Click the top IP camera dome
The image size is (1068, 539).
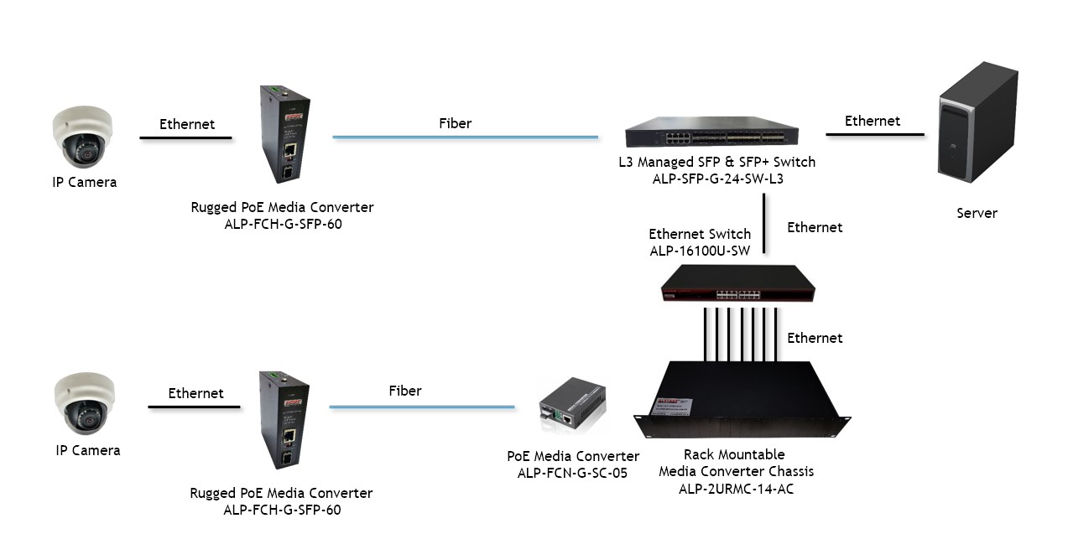[81, 136]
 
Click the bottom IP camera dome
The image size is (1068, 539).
[84, 403]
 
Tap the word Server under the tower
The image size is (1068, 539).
[977, 213]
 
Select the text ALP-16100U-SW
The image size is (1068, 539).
[700, 251]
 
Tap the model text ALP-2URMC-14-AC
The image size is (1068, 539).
[736, 489]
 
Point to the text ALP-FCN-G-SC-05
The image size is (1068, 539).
[573, 473]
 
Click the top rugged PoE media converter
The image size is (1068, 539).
[284, 133]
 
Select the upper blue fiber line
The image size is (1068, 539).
[466, 136]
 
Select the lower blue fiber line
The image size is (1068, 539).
[421, 407]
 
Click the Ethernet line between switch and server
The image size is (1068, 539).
[874, 134]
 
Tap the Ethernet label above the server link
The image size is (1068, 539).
[873, 121]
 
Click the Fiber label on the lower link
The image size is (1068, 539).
[405, 391]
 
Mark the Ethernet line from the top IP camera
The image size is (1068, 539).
[185, 137]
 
